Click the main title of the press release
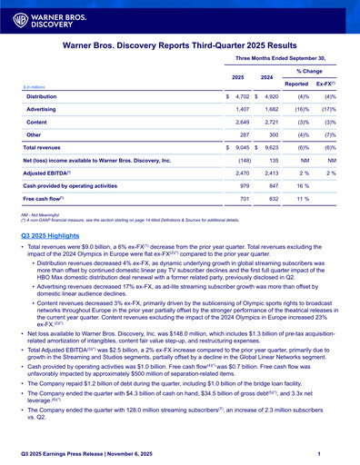(x=180, y=44)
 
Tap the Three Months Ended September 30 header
(x=286, y=57)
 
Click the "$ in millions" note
(x=36, y=85)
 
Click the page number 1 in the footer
(x=335, y=453)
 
